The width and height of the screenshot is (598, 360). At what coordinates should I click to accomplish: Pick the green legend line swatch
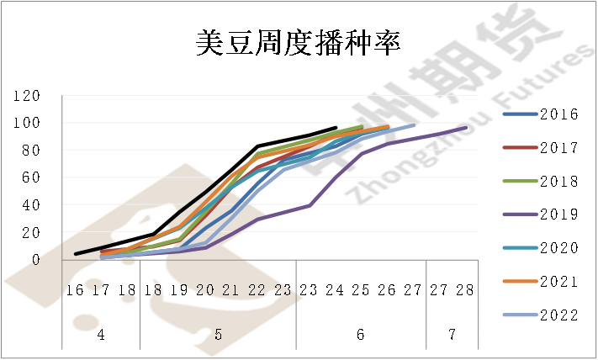click(520, 181)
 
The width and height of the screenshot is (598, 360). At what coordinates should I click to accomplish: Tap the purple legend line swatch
click(520, 214)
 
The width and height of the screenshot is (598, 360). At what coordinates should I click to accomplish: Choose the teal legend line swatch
click(520, 248)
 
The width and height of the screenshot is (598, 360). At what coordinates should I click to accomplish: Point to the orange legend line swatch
click(520, 282)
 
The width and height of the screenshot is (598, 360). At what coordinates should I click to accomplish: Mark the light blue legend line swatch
click(520, 315)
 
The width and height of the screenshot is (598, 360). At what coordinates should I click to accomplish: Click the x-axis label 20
click(204, 290)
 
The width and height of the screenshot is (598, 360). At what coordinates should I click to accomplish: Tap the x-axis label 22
click(257, 290)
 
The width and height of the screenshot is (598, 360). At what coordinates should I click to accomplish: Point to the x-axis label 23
click(283, 290)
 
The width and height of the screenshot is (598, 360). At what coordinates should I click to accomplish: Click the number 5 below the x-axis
click(218, 335)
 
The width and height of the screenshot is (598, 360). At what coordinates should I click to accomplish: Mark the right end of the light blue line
click(418, 124)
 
